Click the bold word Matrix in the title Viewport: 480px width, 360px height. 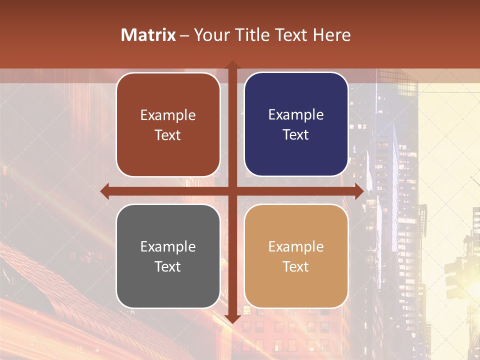click(x=148, y=35)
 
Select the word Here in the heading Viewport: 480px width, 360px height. click(x=331, y=35)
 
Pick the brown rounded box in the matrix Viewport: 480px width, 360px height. click(x=168, y=124)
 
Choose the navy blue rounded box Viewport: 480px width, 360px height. click(x=296, y=124)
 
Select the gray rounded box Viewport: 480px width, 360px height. click(x=168, y=256)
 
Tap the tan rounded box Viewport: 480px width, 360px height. click(x=296, y=256)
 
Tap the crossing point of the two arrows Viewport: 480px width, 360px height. click(x=232, y=191)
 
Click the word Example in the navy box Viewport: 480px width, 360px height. click(x=296, y=114)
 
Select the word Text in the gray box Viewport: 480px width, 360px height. click(x=168, y=266)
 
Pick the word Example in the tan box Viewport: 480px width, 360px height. click(x=296, y=246)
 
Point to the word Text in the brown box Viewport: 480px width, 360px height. click(x=168, y=135)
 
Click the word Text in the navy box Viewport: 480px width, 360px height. click(x=296, y=134)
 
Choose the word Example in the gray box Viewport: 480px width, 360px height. click(x=168, y=246)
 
